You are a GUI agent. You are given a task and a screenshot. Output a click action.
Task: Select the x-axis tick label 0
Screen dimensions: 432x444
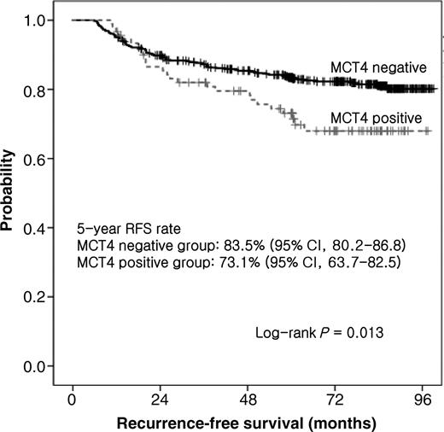(73, 399)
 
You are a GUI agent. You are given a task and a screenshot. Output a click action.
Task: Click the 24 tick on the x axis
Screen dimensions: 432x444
(161, 399)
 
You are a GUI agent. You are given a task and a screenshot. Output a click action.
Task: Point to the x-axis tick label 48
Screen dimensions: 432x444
(248, 399)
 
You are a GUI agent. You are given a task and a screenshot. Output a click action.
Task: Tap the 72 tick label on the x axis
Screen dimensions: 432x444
(336, 399)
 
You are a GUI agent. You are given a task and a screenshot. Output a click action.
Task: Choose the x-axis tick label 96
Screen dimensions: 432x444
(424, 399)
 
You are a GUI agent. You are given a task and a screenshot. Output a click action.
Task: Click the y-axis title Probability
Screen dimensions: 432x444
(10, 193)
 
